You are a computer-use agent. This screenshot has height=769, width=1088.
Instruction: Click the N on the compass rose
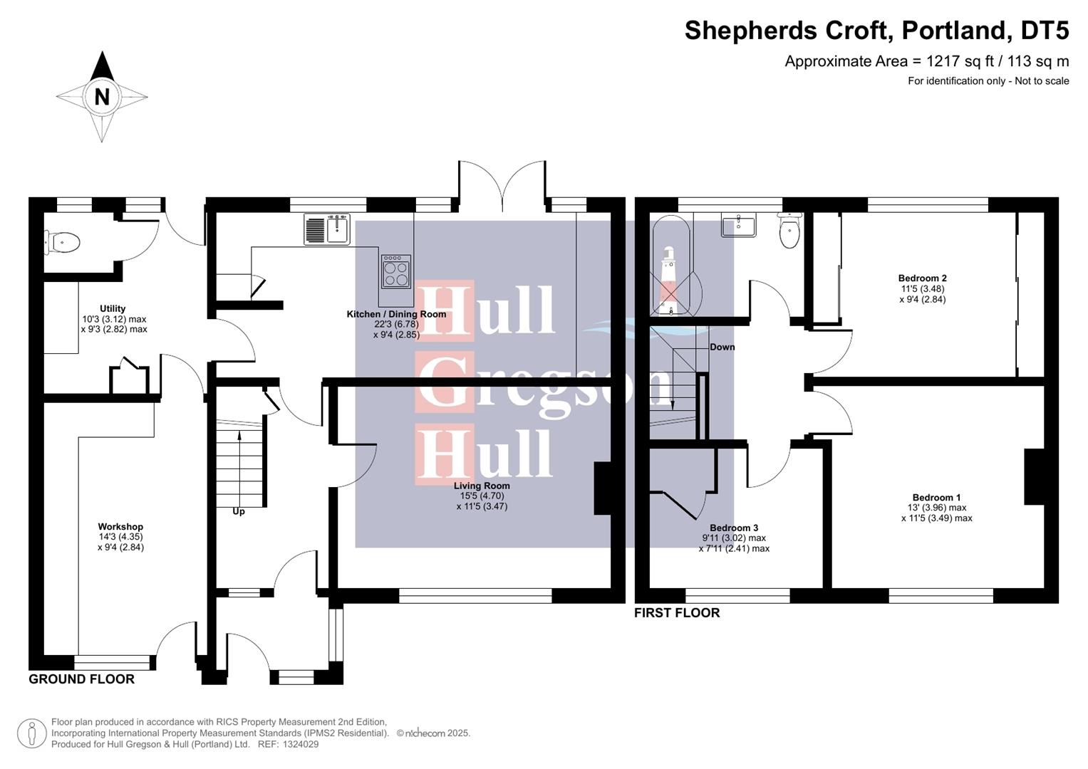click(x=102, y=96)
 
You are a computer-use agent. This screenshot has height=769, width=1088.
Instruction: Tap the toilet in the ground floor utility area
click(x=63, y=242)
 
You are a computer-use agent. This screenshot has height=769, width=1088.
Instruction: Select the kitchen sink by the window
click(x=336, y=229)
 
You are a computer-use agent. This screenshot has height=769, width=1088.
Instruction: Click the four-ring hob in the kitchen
click(x=395, y=271)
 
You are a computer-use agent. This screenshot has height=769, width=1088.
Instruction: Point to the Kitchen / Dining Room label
click(x=396, y=314)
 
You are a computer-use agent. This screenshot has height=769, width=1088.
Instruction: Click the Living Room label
click(x=482, y=486)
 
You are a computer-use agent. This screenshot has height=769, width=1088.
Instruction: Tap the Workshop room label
click(x=120, y=527)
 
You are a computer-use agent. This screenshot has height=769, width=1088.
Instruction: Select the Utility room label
click(x=113, y=309)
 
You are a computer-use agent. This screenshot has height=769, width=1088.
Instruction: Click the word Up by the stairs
click(x=239, y=511)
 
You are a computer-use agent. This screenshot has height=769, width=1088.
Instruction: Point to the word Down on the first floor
click(x=722, y=347)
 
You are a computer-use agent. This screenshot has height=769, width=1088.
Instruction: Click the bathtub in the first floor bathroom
click(x=670, y=267)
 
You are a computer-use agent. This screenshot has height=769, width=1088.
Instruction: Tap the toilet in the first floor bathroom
click(x=789, y=231)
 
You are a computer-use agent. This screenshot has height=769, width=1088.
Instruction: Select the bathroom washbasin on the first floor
click(x=739, y=225)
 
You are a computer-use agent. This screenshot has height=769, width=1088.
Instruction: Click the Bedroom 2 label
click(x=922, y=278)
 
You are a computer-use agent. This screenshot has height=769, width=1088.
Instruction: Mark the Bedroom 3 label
click(x=734, y=528)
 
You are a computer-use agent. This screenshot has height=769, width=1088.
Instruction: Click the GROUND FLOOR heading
click(x=81, y=679)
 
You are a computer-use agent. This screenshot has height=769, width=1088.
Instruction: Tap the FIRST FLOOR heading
click(x=677, y=613)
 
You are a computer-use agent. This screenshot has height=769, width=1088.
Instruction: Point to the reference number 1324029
click(x=301, y=744)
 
